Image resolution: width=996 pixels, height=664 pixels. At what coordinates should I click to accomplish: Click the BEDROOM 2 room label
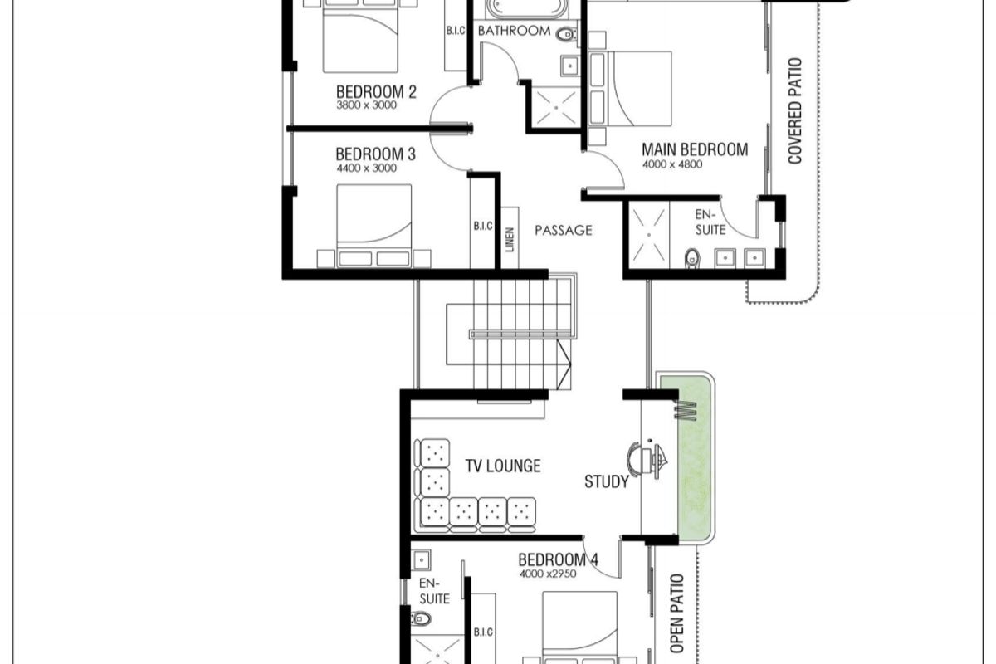tap(376, 92)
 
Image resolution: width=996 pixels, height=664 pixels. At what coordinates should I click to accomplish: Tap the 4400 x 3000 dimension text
tap(367, 168)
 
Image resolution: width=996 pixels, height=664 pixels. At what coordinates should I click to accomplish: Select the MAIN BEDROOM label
tap(695, 149)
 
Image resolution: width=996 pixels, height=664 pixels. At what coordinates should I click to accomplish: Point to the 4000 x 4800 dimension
tap(672, 164)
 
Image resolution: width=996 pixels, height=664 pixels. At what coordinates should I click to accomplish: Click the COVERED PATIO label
tap(794, 110)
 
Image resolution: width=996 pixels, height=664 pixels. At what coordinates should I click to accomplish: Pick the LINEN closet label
tap(510, 240)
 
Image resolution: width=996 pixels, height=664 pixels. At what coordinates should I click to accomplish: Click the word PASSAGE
tap(564, 231)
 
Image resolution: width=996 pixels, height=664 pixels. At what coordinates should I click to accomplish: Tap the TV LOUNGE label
tap(503, 466)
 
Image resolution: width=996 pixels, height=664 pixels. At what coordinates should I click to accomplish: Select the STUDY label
tap(607, 481)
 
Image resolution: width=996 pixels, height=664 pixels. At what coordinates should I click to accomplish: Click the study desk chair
tap(637, 460)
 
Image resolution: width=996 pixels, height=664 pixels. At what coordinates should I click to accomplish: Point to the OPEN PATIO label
tap(676, 613)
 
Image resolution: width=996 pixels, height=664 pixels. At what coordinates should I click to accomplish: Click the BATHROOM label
tap(514, 31)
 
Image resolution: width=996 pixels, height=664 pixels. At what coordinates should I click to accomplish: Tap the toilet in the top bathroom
tap(566, 34)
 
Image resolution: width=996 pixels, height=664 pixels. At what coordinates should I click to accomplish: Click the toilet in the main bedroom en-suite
tap(692, 258)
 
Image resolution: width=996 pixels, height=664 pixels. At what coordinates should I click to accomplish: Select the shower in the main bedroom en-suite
tap(649, 235)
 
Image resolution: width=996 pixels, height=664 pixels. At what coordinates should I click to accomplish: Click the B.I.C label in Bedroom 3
tap(483, 226)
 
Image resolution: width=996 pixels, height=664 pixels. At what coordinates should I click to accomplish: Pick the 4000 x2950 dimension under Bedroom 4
tap(548, 574)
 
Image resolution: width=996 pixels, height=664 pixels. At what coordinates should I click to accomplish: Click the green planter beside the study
tap(685, 458)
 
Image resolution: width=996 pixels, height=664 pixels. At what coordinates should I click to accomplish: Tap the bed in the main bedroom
tap(630, 89)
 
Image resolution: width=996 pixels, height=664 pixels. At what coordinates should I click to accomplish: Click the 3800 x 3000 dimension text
tap(366, 105)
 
